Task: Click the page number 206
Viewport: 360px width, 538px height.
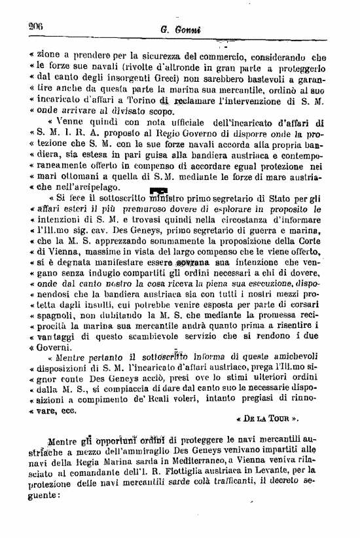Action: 35,26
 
